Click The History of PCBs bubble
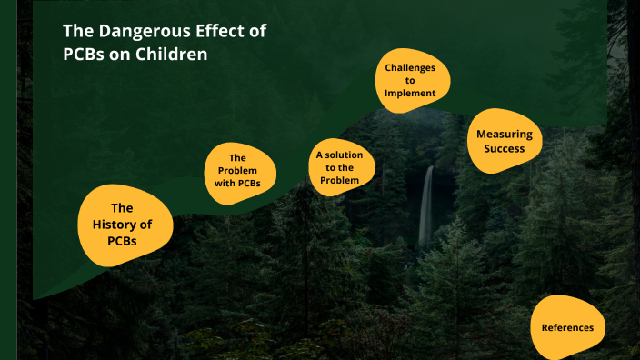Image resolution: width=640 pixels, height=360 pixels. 122,224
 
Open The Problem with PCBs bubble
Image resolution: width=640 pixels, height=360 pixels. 238,170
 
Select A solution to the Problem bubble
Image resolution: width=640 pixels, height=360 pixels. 340,167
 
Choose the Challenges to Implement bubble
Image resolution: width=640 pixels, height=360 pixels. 410,81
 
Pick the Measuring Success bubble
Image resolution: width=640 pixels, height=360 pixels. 505,141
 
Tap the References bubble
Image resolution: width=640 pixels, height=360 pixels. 567,327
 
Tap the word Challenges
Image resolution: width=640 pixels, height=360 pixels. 410,68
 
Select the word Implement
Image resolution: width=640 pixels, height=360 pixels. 410,93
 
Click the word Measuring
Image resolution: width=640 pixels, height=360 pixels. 505,134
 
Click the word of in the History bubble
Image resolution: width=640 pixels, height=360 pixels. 145,224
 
